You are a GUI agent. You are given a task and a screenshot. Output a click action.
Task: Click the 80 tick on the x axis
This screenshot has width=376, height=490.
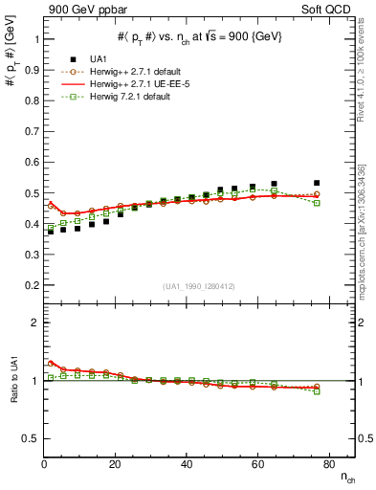tap(327, 464)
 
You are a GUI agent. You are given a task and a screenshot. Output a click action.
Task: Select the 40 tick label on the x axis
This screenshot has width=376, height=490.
tap(186, 464)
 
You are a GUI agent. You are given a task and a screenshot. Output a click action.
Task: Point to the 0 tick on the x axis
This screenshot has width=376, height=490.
tap(44, 464)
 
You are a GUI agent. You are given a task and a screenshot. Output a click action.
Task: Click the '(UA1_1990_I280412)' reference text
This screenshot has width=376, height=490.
tap(199, 286)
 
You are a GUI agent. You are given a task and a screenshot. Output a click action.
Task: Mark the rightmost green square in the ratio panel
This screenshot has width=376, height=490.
tap(317, 391)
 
